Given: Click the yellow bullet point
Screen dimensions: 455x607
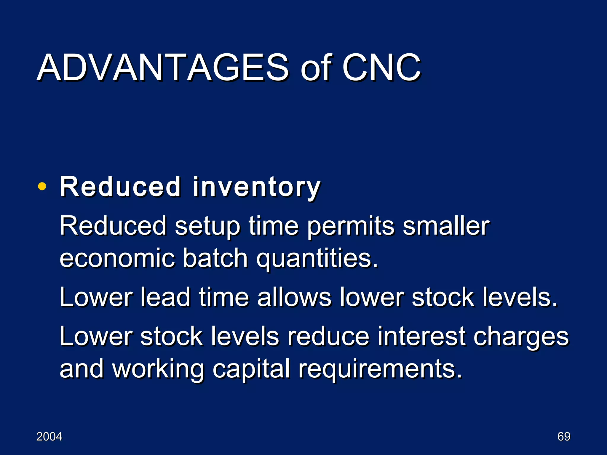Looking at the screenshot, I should (x=42, y=187).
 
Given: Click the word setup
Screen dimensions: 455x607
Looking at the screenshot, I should (x=207, y=227).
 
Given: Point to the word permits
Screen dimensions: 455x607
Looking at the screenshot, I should (x=351, y=227).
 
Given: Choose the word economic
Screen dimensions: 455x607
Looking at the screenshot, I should (x=117, y=258).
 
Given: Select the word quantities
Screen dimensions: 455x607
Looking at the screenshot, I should (x=317, y=258).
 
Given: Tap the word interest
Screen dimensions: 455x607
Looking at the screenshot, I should (x=421, y=337).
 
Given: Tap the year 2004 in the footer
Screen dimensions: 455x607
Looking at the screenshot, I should (x=49, y=437).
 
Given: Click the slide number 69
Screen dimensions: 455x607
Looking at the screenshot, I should (x=564, y=437).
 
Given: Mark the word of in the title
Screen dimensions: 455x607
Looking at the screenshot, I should (x=316, y=68).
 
